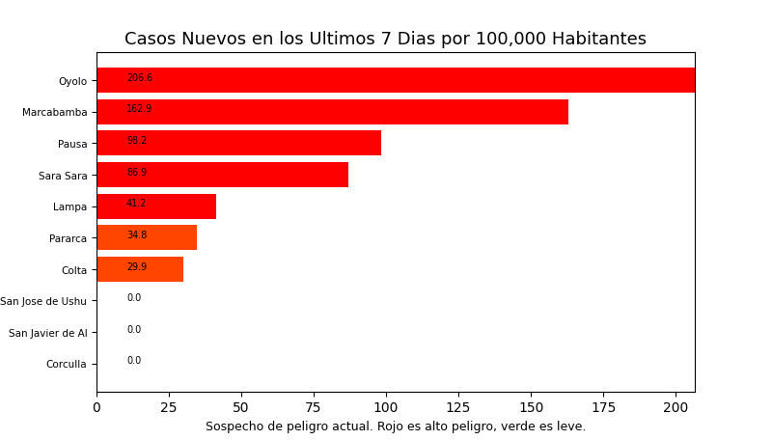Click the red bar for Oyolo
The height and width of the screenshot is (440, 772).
[x=396, y=80]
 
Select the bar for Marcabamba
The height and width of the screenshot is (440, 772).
[x=332, y=112]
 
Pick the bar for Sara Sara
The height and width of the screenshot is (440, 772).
[x=222, y=175]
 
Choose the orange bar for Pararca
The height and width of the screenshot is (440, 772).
[x=147, y=237]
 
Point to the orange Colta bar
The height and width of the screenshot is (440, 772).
[x=140, y=269]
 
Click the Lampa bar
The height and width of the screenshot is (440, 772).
[x=156, y=206]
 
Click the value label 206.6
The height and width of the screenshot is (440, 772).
[x=140, y=78]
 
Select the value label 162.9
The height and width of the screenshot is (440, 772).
[x=139, y=109]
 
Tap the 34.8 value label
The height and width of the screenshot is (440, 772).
[x=137, y=235]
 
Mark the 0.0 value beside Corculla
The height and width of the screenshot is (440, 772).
[x=134, y=361]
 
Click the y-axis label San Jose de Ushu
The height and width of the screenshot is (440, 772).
[x=43, y=301]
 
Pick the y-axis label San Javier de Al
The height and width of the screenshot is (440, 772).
[x=48, y=333]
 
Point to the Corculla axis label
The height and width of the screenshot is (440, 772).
[x=67, y=365]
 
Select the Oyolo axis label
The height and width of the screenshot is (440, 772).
[x=72, y=81]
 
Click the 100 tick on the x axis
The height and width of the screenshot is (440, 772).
[x=386, y=408]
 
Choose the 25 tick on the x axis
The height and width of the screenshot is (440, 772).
[x=169, y=408]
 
